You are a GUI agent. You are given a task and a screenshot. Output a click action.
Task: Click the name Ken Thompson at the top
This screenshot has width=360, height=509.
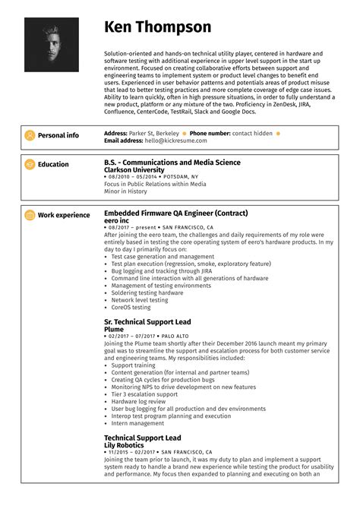(x=158, y=28)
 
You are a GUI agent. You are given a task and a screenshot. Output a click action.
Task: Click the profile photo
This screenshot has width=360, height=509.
(x=52, y=45)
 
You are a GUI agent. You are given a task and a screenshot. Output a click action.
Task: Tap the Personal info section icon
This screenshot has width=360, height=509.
(x=30, y=135)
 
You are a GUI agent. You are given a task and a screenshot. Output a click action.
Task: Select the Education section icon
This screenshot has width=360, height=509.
(x=30, y=164)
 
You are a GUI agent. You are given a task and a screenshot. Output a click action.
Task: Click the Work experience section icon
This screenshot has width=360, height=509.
(x=30, y=215)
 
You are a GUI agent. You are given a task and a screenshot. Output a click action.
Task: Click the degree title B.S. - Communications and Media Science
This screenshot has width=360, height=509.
(x=172, y=162)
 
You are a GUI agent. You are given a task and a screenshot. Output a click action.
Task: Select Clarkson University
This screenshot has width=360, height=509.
(x=134, y=169)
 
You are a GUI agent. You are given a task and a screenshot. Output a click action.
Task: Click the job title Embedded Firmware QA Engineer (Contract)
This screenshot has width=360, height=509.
(x=175, y=213)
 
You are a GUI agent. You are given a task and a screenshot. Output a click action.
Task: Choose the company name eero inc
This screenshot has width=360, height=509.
(x=116, y=220)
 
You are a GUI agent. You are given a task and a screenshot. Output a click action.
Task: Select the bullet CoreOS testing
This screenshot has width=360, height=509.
(x=131, y=307)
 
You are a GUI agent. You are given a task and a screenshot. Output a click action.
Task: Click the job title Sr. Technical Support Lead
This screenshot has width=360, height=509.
(x=147, y=322)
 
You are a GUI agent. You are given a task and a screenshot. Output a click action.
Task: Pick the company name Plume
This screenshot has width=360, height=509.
(x=113, y=329)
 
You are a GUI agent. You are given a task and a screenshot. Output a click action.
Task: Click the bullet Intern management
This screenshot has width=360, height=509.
(x=136, y=423)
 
